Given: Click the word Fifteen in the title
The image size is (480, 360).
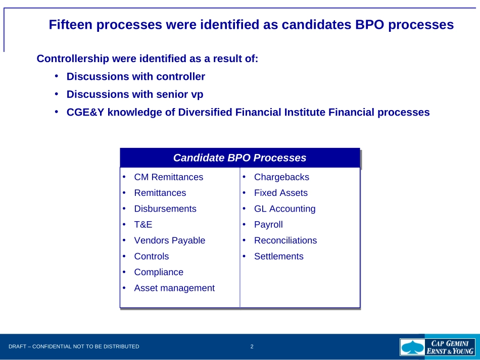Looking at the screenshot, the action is click(70, 24).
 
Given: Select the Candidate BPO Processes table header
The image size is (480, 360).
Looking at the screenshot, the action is click(239, 158).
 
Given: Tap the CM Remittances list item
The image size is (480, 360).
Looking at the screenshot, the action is click(169, 177).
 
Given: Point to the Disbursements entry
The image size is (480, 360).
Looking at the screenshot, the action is click(165, 209).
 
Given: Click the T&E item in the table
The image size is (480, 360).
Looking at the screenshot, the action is click(143, 225).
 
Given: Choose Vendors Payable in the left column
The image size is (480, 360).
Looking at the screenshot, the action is click(170, 241).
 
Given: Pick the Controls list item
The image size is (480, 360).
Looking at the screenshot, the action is click(152, 256).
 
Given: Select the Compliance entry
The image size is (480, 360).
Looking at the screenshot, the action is click(159, 272).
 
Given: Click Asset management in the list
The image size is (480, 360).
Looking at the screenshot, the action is click(174, 288).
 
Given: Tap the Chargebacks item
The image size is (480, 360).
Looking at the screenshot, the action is click(281, 177).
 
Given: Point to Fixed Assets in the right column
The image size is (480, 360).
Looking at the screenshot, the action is click(281, 193).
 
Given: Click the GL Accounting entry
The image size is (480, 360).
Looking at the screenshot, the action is click(284, 209).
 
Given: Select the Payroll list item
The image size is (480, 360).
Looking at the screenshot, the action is click(268, 225).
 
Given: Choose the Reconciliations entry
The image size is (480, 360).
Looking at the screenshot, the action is click(285, 240).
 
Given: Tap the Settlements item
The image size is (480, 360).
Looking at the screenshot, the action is click(279, 256).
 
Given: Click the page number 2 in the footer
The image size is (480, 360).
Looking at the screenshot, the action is click(252, 346).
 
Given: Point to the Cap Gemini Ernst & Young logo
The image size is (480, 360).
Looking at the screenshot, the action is click(438, 347).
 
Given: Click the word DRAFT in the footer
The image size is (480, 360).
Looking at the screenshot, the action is click(18, 346).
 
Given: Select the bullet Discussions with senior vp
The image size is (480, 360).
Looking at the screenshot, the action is click(135, 94).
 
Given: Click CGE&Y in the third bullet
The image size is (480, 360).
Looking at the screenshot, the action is click(85, 112).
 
